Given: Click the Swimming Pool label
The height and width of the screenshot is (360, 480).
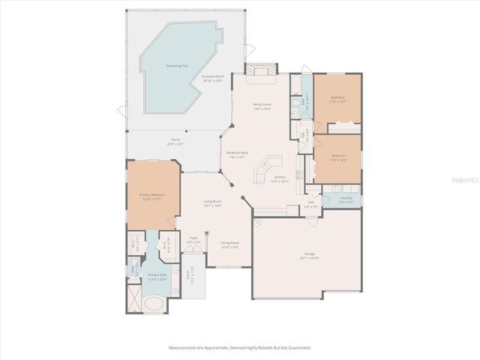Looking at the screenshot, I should coord(177,66).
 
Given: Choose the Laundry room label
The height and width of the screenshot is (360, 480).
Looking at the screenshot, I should coord(346,200).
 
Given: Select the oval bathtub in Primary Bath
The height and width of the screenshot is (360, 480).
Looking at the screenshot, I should coord(154,306).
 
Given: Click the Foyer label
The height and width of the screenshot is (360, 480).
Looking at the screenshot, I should coord(193,241).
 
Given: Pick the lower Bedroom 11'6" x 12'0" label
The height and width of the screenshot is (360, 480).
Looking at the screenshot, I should coord(337,157).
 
